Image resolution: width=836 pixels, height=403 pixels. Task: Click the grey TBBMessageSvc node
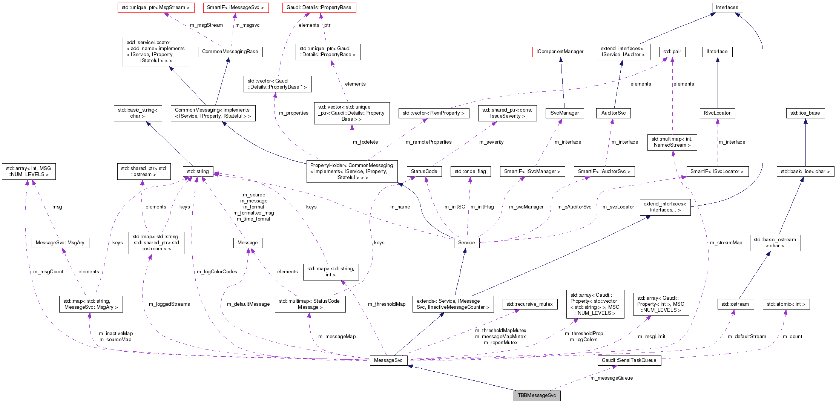click(537, 395)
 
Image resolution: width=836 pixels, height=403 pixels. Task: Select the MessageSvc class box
click(388, 360)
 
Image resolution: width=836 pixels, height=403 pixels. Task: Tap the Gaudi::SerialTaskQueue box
click(629, 360)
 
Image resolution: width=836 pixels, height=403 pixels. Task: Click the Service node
click(466, 243)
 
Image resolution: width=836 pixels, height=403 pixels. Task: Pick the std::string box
click(198, 172)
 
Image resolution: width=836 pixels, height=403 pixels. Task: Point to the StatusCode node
click(424, 172)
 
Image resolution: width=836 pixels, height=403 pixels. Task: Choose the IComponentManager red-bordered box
click(560, 52)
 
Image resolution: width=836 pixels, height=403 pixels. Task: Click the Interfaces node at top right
click(727, 8)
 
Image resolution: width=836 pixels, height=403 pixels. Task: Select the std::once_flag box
click(470, 172)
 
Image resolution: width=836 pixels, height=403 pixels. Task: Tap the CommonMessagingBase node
click(230, 52)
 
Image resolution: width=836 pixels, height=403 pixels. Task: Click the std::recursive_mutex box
click(529, 304)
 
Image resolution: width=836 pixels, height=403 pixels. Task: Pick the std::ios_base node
click(805, 113)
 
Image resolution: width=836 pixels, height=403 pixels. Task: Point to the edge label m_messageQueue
click(611, 378)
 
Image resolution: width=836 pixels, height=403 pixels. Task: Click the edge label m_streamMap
click(726, 243)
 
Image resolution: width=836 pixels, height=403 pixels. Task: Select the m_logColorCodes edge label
click(217, 272)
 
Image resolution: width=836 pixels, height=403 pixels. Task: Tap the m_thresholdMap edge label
click(387, 304)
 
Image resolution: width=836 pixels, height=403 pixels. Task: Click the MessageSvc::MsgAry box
click(60, 243)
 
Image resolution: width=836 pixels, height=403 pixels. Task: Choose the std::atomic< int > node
click(786, 304)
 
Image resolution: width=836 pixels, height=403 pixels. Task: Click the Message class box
click(247, 243)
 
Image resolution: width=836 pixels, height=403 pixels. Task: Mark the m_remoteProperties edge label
click(428, 142)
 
